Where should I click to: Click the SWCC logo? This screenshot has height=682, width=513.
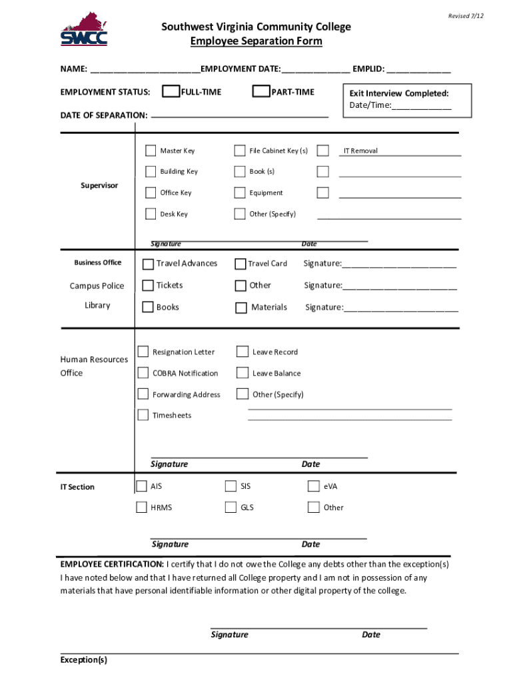click(84, 29)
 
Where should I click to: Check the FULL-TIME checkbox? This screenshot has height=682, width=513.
click(171, 91)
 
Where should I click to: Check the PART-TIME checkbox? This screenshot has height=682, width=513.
click(261, 91)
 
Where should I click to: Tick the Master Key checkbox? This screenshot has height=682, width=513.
click(151, 151)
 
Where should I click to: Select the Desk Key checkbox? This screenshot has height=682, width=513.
click(151, 214)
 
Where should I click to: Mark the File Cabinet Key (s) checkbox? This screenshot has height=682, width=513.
click(240, 151)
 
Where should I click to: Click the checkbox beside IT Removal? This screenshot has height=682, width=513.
click(323, 151)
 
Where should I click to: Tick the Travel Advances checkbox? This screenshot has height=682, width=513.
click(148, 264)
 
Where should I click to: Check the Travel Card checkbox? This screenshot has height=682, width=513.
click(240, 264)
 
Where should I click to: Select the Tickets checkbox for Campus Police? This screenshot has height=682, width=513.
click(148, 286)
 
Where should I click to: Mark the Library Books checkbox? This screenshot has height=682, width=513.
click(148, 307)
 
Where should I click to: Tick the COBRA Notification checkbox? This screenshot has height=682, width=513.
click(143, 373)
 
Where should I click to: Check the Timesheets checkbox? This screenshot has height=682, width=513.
click(143, 415)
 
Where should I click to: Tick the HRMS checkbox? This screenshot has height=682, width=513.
click(141, 508)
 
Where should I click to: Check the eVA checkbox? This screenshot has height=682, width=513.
click(314, 486)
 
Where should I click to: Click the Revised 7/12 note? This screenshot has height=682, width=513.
click(466, 16)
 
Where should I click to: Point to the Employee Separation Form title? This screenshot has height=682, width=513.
click(256, 41)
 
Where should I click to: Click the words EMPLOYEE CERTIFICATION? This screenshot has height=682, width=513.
click(112, 564)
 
